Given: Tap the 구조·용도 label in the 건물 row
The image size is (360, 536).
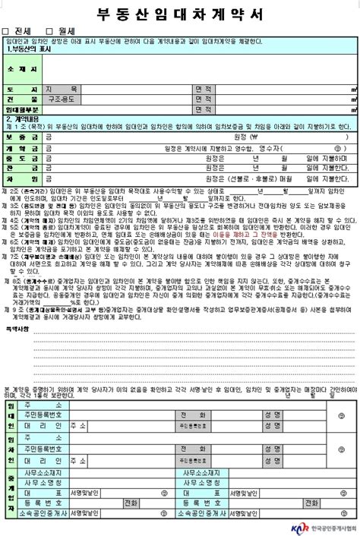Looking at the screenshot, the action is pyautogui.click(x=62, y=99).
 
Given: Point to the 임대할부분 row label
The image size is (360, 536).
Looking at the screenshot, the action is pyautogui.click(x=22, y=109).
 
